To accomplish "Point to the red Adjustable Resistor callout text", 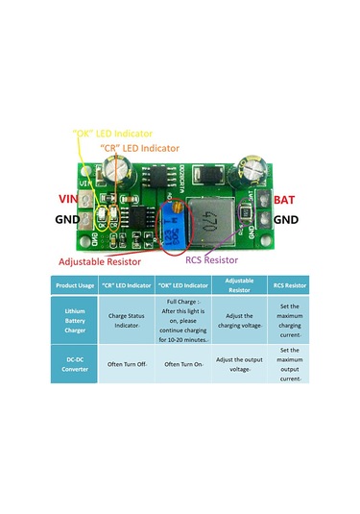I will coord(100,261).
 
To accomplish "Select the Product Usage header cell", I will coord(74,285).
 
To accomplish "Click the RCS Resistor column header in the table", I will coord(290,285).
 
